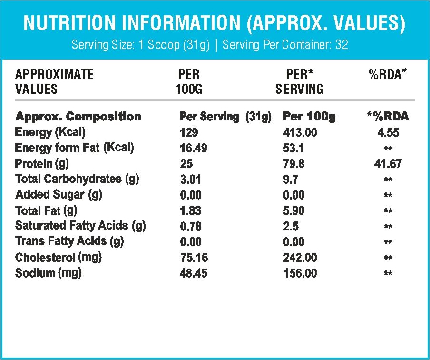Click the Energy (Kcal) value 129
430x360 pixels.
[189, 133]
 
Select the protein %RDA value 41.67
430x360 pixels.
[388, 164]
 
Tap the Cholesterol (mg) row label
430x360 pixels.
[58, 258]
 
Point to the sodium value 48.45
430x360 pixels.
[193, 273]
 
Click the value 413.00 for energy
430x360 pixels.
[300, 133]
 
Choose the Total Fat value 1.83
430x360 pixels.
[191, 210]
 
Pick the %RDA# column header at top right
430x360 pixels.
[388, 74]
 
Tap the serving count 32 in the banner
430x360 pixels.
[342, 44]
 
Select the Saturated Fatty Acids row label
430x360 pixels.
[80, 226]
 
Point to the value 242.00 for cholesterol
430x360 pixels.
[300, 258]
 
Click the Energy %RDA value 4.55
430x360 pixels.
[388, 133]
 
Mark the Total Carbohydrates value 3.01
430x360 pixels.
[190, 180]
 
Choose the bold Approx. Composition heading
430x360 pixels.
[78, 117]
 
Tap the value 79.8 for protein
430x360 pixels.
[293, 164]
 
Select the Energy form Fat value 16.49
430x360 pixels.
[193, 148]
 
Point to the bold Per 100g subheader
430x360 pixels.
[309, 117]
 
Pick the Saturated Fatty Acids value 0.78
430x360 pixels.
[191, 226]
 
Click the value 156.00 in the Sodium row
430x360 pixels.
[300, 273]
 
